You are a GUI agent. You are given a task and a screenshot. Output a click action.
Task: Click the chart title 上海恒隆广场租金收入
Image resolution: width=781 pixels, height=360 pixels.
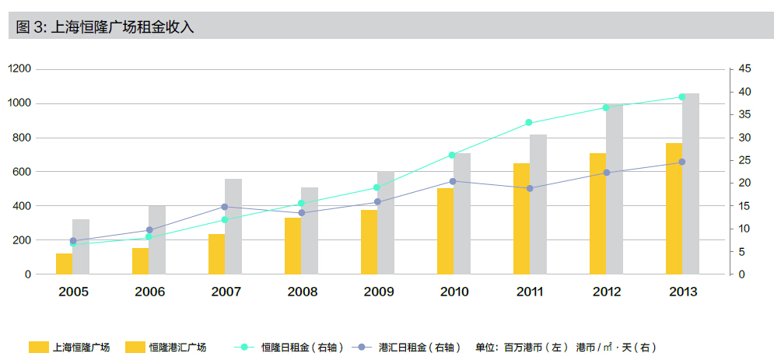(x=105, y=27)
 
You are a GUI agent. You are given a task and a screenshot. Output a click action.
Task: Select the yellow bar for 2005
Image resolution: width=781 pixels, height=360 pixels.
(x=64, y=264)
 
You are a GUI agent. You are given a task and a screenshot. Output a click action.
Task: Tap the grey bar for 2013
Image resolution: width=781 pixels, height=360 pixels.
(x=691, y=183)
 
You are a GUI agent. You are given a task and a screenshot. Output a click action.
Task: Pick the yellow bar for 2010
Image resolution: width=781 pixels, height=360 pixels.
(x=445, y=231)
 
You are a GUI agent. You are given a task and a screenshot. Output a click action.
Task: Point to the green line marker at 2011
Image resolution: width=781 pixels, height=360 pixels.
(x=529, y=123)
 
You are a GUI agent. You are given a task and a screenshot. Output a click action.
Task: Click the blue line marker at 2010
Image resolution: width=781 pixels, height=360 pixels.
(x=453, y=181)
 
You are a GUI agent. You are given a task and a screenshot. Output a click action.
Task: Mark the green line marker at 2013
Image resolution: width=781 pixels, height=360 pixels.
(x=682, y=97)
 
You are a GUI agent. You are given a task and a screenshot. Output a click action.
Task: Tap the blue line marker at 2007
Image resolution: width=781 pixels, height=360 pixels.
(x=225, y=207)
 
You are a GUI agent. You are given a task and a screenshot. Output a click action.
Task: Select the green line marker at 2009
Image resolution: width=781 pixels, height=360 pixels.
(x=376, y=187)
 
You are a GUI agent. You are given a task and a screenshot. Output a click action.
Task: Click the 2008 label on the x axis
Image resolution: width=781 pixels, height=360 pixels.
(x=302, y=292)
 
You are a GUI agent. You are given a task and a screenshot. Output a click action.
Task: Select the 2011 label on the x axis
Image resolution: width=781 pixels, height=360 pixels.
(x=529, y=292)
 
